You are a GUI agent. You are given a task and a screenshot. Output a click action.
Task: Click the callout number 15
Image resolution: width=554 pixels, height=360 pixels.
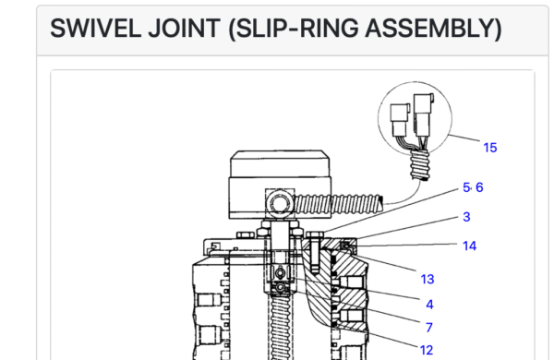490,148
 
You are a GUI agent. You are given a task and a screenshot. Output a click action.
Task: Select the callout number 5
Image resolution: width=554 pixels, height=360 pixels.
466,187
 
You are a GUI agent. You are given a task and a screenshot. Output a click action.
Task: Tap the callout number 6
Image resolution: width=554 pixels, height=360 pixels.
479,187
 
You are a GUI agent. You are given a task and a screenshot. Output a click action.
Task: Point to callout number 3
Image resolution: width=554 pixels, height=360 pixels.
466,217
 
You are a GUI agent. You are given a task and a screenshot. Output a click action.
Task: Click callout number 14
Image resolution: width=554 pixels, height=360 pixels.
470,246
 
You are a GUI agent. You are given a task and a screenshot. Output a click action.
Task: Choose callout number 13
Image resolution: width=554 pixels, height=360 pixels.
428,280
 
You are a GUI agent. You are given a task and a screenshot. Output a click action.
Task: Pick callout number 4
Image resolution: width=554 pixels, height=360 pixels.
429,305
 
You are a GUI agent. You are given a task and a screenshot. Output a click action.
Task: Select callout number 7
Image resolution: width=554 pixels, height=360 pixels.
429,328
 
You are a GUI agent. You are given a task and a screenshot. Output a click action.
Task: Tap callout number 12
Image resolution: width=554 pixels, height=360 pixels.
427,350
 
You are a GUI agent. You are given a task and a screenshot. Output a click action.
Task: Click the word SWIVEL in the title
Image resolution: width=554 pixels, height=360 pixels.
95,29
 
